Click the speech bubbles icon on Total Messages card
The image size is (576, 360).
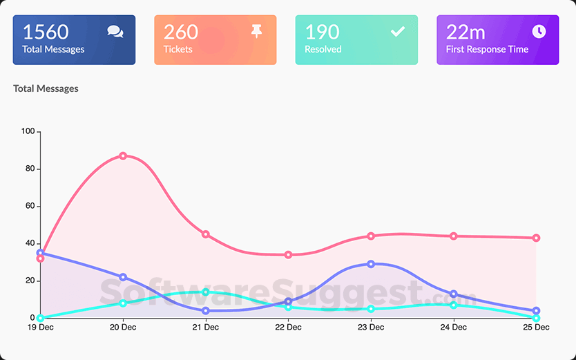coord(115,32)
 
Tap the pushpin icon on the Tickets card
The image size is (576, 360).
coord(257,31)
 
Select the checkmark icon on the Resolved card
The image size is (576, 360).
coord(398,31)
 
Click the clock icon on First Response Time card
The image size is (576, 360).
coord(539,31)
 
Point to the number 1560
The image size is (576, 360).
coord(46,32)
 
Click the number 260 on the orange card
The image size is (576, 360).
coord(181,32)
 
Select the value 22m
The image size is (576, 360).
coord(465,32)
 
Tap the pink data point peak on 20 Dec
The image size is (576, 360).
coord(123,155)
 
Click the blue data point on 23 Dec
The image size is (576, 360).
coord(371,264)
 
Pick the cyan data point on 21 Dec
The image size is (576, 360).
coord(206,292)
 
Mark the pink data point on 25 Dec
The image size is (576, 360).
coord(536,238)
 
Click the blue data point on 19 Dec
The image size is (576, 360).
coord(40,253)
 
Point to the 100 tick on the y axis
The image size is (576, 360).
coord(28,131)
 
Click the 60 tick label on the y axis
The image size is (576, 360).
coord(30,206)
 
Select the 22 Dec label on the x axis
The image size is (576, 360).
coord(288,328)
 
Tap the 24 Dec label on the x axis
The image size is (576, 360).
coord(454,328)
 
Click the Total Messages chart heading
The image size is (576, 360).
coord(46,88)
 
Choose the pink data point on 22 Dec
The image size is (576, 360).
coord(288,255)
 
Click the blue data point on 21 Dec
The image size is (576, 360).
coord(206,311)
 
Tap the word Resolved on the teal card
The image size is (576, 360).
coord(324,50)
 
